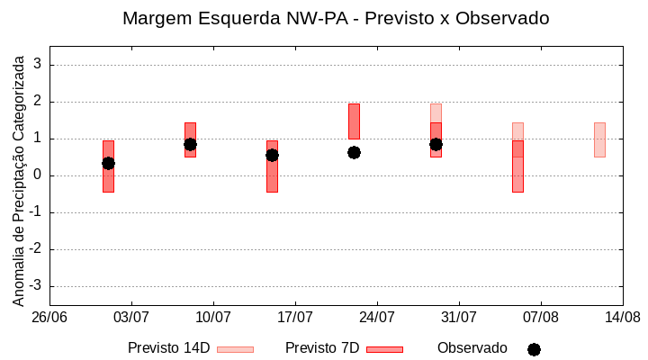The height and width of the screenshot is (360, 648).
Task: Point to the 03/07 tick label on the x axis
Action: point(131,317)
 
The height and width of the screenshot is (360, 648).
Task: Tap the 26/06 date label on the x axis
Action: point(49,317)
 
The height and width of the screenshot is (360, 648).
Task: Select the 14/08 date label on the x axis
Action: point(622,317)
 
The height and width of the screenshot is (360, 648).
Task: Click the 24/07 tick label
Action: point(377,317)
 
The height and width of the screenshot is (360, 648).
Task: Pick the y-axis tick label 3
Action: point(38,65)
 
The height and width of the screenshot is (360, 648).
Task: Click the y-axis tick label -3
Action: point(35,286)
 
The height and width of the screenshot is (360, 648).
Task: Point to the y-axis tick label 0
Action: point(38,175)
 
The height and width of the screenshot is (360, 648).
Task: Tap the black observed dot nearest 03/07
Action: point(108,163)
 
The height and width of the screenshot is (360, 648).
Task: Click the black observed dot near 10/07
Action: point(190,144)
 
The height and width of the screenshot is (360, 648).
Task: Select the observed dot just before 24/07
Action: point(354,152)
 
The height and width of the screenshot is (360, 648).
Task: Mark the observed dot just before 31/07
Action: point(436,144)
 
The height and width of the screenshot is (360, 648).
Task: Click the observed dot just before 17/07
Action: point(272,155)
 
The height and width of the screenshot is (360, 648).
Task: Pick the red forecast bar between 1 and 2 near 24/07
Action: point(354,121)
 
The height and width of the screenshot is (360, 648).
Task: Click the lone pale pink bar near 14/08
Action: point(599,139)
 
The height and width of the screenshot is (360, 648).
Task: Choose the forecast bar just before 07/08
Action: point(517,166)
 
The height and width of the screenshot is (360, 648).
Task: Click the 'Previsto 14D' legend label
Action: point(168,348)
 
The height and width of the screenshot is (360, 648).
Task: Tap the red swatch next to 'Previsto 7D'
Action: point(384,349)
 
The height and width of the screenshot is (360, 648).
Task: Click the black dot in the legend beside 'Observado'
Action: point(534,349)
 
